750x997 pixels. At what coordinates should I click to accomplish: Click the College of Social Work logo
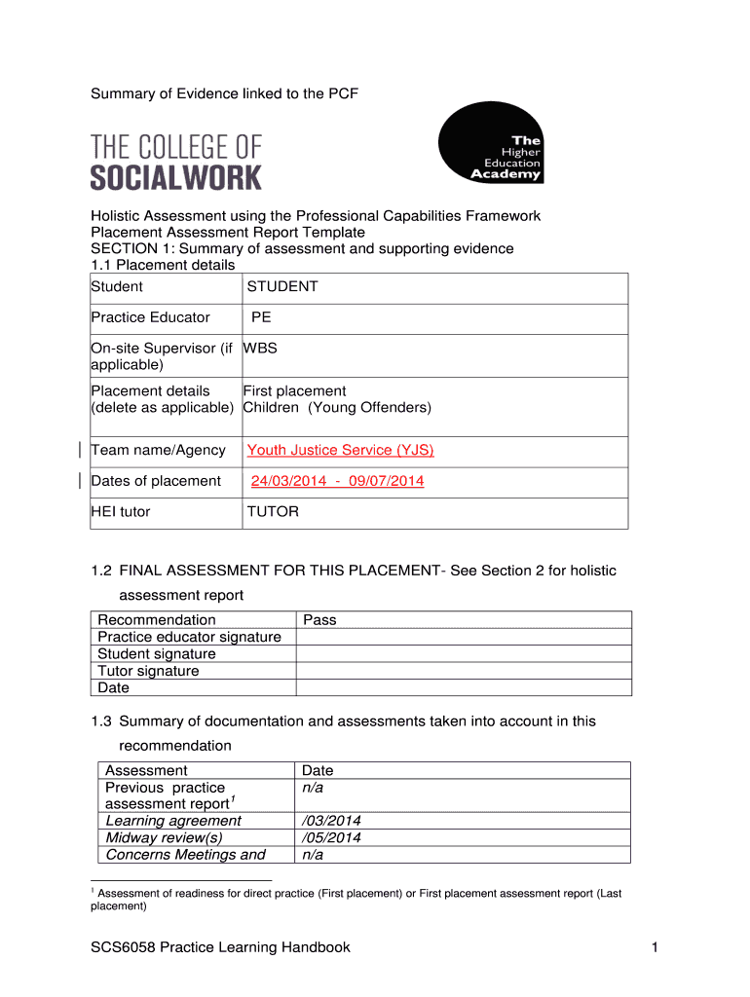click(176, 162)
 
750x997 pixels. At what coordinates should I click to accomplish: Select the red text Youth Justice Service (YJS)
click(340, 450)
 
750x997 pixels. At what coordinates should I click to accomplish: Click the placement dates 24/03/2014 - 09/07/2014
click(337, 481)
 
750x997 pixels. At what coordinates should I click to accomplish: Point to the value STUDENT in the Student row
click(282, 286)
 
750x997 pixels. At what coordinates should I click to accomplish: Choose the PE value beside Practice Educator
click(261, 317)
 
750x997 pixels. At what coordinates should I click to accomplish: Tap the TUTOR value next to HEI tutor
click(273, 511)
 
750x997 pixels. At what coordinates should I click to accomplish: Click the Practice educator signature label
click(189, 637)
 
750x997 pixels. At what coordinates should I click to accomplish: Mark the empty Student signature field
click(463, 654)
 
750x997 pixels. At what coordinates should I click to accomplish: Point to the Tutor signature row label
click(148, 671)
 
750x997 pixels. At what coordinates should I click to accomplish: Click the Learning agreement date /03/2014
click(332, 821)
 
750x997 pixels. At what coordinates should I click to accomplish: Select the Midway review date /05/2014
click(332, 837)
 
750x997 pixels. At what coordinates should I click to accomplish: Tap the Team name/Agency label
click(158, 450)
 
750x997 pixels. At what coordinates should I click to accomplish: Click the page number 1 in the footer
click(655, 947)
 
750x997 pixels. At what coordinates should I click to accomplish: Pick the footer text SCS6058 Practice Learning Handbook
click(220, 947)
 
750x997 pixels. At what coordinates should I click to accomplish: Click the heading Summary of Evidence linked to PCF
click(225, 93)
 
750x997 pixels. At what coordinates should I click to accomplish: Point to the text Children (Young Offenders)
click(337, 407)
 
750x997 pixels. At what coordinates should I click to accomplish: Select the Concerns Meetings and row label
click(185, 855)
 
